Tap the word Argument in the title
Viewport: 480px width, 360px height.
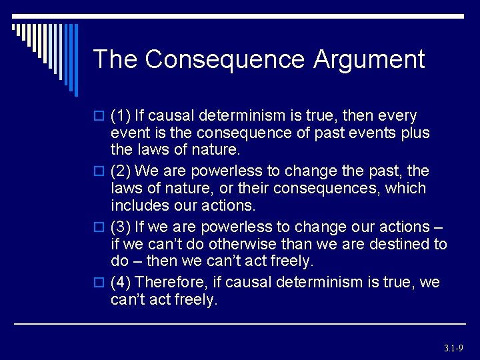point(367,60)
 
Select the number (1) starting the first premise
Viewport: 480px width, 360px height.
point(121,116)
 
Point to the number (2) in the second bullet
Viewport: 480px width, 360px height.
point(121,172)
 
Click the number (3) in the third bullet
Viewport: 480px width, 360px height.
point(121,227)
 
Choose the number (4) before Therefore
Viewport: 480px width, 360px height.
point(121,283)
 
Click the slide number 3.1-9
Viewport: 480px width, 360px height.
point(453,348)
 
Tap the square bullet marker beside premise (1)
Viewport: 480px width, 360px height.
point(99,117)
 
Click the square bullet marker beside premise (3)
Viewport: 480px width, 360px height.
point(99,227)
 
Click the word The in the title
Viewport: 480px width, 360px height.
point(115,60)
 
